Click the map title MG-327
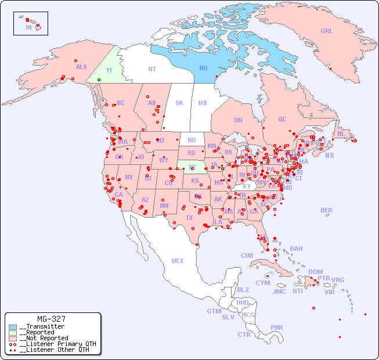coord(51,319)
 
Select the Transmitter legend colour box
coord(13,327)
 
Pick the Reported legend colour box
coord(13,333)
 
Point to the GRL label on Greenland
coord(327,31)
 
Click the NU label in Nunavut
coord(203,68)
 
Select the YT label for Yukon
coord(109,70)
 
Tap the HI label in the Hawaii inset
coord(28,27)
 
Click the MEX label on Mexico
coord(178,261)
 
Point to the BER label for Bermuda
coord(327,210)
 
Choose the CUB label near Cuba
coord(247,255)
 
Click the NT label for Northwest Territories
coord(152,69)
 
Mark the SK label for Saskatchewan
coord(179,103)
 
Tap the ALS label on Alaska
coord(81,67)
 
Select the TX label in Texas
coord(189,218)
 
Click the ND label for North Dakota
coord(192,140)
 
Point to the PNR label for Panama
coord(277,327)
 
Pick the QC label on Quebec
coord(282,119)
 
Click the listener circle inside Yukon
coord(99,80)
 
